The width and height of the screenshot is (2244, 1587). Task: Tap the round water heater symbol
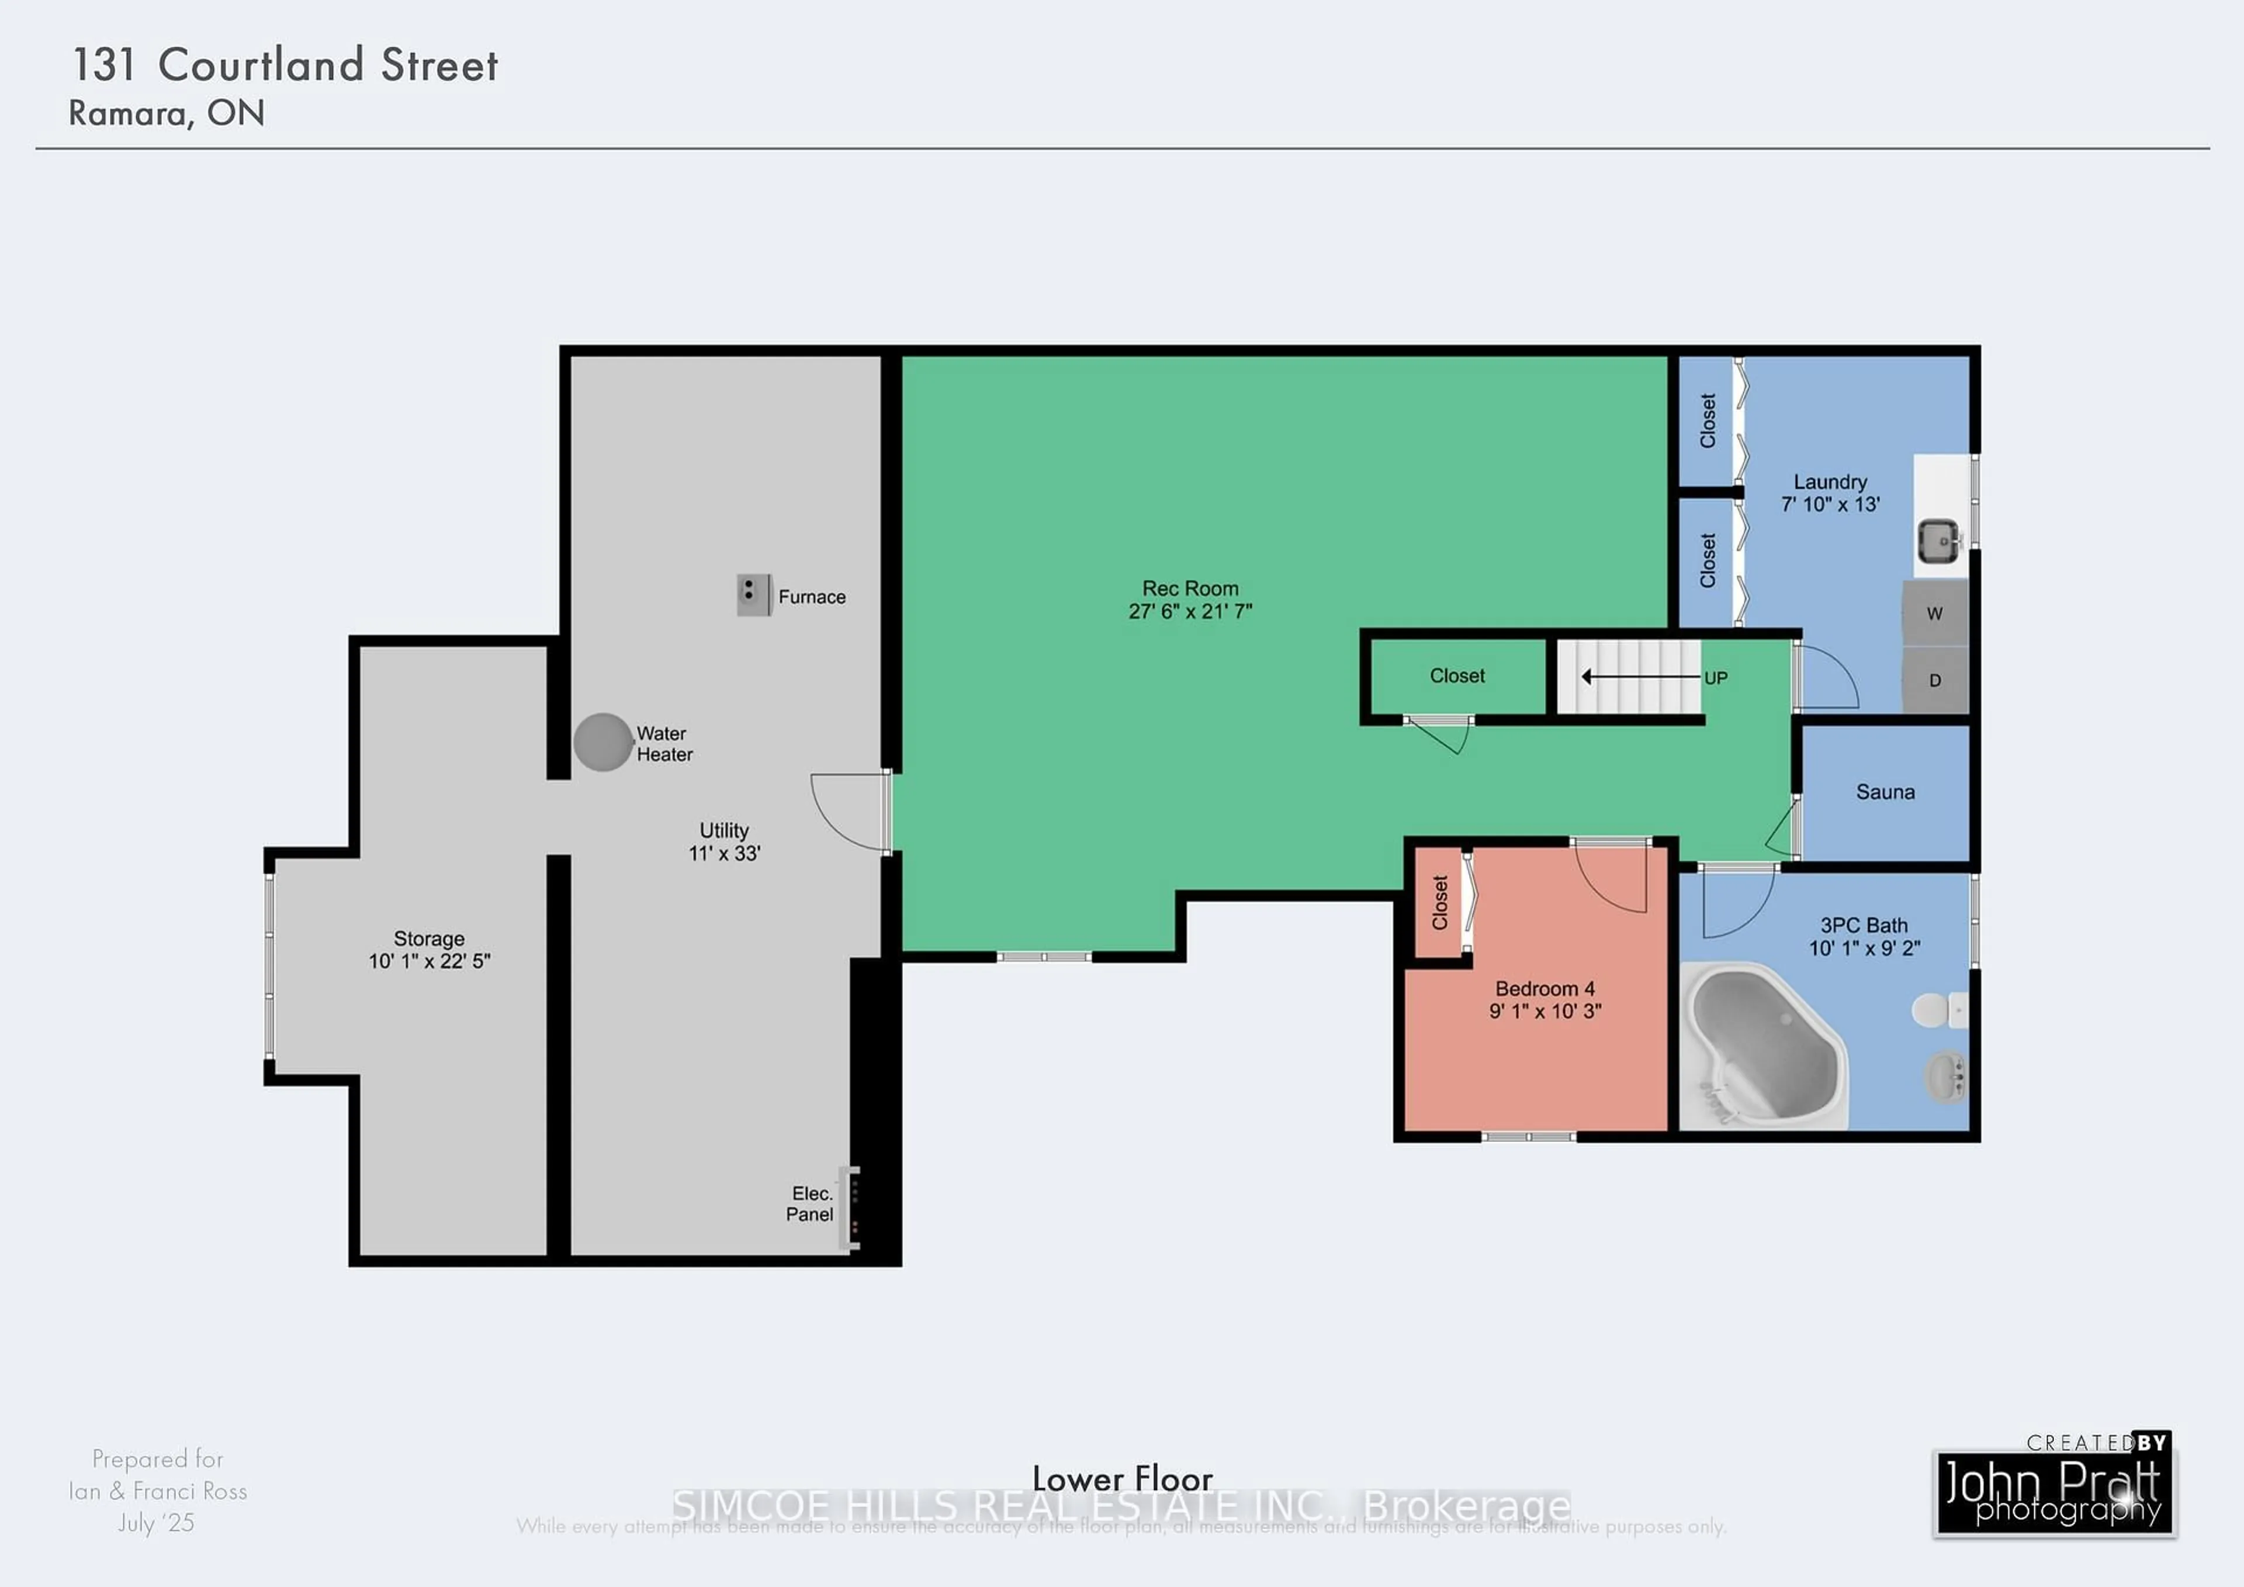click(x=602, y=742)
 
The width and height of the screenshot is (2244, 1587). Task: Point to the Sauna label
click(x=1885, y=792)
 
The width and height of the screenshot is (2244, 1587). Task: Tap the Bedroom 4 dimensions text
click(x=1545, y=1011)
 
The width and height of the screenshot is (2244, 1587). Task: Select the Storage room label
click(x=428, y=939)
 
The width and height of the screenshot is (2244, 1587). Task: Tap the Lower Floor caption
click(x=1122, y=1478)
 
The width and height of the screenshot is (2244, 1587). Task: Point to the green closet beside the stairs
click(x=1456, y=675)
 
